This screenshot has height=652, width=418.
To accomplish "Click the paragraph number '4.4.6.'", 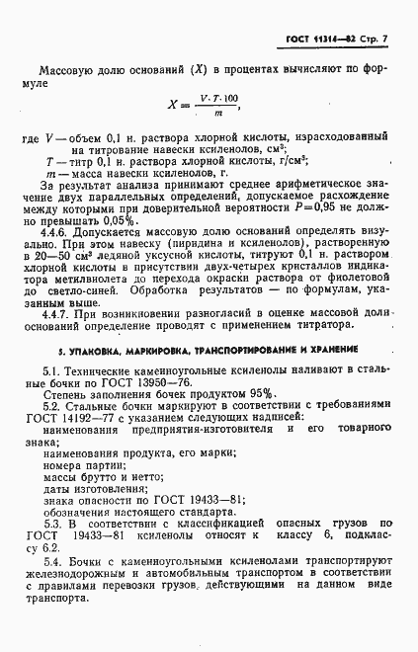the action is (61, 238).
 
